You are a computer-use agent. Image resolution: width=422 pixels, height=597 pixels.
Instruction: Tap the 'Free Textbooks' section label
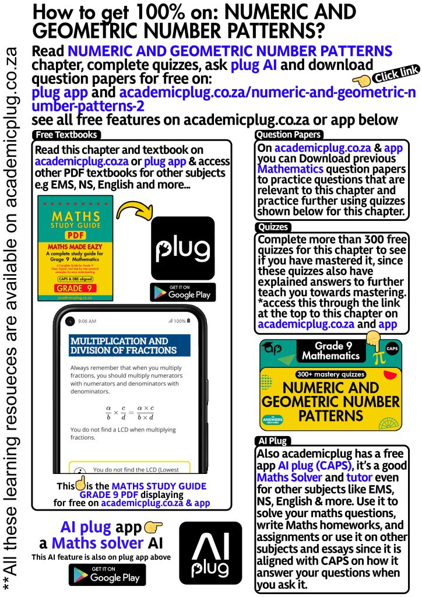point(66,135)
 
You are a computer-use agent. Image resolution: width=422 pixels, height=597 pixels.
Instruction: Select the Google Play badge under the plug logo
point(182,292)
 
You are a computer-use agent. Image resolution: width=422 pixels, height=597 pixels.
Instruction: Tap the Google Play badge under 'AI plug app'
point(107,574)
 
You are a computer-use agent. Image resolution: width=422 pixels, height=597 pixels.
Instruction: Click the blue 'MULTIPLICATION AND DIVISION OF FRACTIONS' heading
point(130,345)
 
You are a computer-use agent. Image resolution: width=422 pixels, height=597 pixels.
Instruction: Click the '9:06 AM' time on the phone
point(87,321)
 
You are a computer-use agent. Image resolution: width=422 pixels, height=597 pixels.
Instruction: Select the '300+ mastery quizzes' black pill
point(330,374)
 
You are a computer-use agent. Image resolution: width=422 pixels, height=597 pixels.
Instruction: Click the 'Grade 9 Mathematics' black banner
point(330,351)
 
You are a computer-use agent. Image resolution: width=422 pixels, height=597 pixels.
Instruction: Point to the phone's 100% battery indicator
point(178,321)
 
